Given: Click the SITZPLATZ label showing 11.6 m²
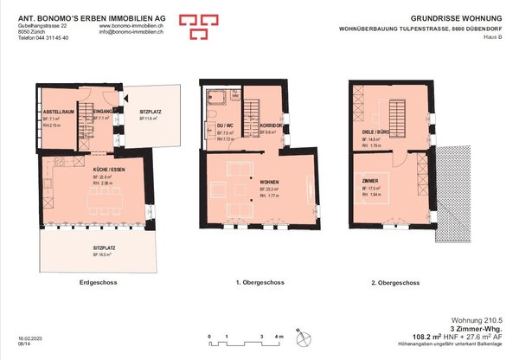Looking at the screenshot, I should coord(151,112).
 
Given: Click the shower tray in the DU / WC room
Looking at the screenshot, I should coord(216,97).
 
